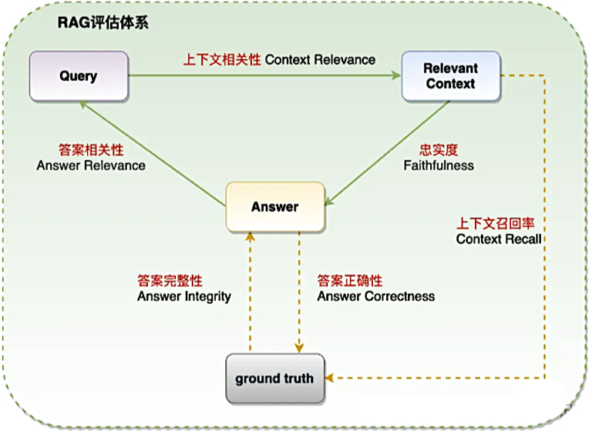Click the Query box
coord(79,75)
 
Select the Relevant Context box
coord(451,75)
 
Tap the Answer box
coord(274,207)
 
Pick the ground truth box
coord(274,378)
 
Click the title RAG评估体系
coord(103,22)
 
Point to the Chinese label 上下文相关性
coord(222,59)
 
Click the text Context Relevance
coord(320,59)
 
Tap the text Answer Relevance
coord(91,165)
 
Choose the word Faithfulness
coord(439,165)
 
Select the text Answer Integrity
coord(184,296)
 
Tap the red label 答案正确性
coord(350,281)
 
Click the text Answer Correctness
coord(376,296)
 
